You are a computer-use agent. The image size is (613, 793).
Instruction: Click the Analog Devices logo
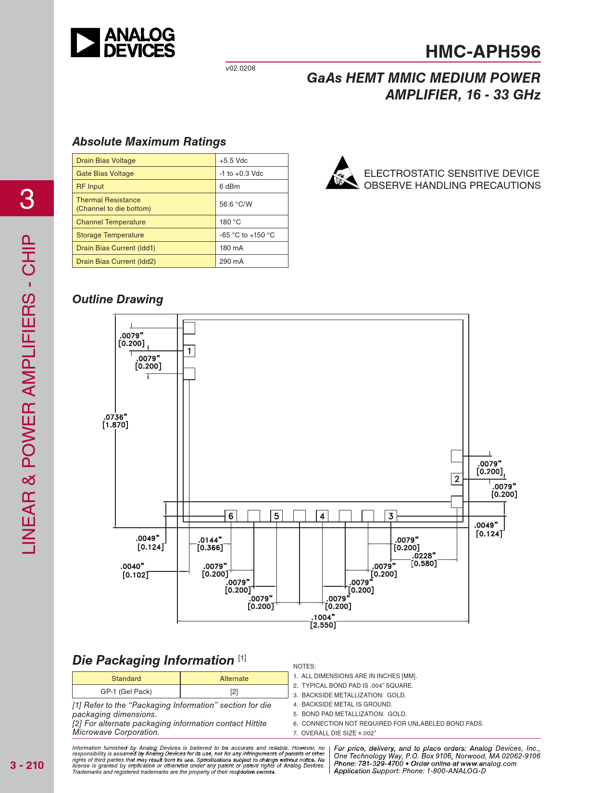[x=123, y=43]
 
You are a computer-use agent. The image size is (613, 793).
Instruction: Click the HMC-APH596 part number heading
[x=483, y=51]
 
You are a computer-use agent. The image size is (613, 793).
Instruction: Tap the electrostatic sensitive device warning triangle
[x=342, y=173]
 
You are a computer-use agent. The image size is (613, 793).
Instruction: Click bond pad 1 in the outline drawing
[x=189, y=351]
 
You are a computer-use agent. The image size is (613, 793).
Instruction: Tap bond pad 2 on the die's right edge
[x=457, y=479]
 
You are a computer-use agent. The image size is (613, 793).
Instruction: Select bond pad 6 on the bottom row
[x=231, y=516]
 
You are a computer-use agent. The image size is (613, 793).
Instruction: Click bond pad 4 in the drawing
[x=322, y=516]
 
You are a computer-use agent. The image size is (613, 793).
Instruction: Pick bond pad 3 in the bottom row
[x=391, y=516]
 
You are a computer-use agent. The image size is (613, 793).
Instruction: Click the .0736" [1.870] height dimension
[x=115, y=421]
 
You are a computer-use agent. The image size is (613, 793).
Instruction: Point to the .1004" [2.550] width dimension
[x=323, y=621]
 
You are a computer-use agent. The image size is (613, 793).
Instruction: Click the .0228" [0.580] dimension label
[x=424, y=559]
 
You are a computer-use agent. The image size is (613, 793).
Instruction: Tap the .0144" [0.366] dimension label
[x=210, y=544]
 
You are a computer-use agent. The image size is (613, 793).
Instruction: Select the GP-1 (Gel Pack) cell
[x=126, y=692]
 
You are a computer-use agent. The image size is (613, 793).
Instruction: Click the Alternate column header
[x=234, y=678]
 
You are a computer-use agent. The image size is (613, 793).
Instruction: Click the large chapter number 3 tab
[x=27, y=198]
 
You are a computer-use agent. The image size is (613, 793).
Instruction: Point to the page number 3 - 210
[x=27, y=765]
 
